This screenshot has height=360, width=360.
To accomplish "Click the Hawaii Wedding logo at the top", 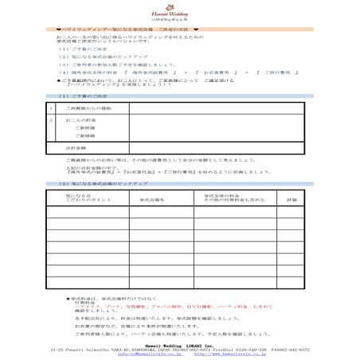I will pos(180,14).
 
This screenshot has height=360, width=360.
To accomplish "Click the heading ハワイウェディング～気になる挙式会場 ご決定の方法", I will pos(123,29).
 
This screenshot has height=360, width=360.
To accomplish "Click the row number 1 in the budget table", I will pos(52,108).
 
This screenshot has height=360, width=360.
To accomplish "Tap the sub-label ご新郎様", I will pos(84,127).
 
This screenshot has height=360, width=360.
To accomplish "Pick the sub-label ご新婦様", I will pos(84,135).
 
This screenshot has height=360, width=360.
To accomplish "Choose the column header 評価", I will pos(292,199).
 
